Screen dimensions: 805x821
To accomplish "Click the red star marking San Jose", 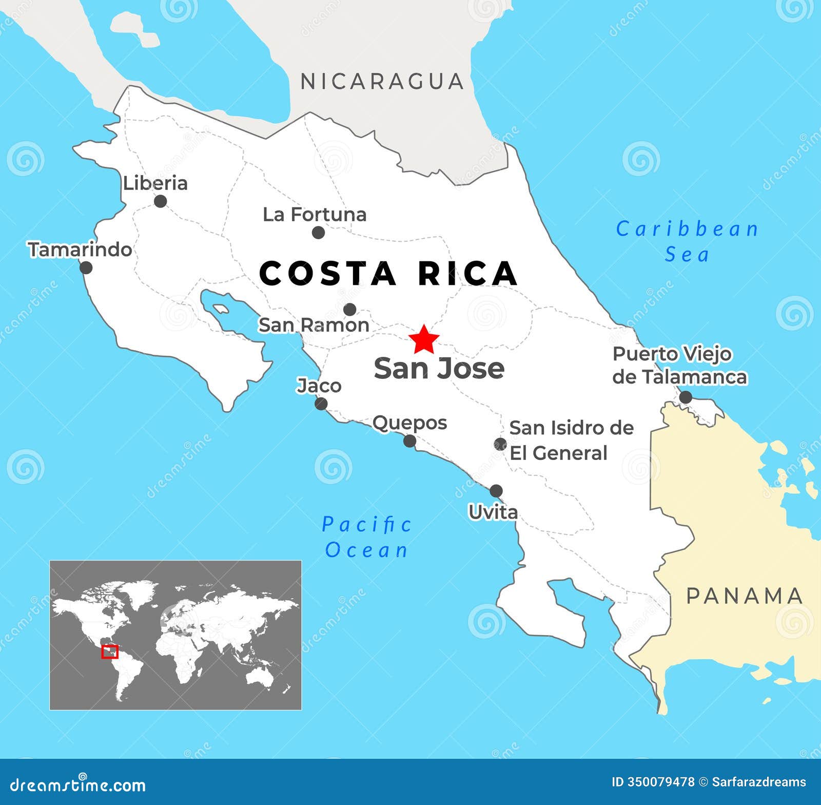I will pyautogui.click(x=424, y=339).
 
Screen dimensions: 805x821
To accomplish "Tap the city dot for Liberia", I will pyautogui.click(x=160, y=201).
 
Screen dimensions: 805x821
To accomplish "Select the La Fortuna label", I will pyautogui.click(x=314, y=215).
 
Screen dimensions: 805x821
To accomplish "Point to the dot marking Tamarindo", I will pyautogui.click(x=86, y=267).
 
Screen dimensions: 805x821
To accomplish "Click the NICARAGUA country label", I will pyautogui.click(x=382, y=82).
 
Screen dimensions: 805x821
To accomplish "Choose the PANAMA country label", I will pyautogui.click(x=744, y=596).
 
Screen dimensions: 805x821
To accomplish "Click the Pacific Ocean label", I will pyautogui.click(x=366, y=537).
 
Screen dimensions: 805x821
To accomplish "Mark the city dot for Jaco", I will pyautogui.click(x=321, y=404).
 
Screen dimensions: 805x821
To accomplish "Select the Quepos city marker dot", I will pyautogui.click(x=409, y=441).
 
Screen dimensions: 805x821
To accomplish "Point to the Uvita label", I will pyautogui.click(x=493, y=512).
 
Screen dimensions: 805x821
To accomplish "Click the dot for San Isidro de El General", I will pyautogui.click(x=500, y=444).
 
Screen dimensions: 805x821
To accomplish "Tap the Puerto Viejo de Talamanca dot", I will pyautogui.click(x=686, y=397).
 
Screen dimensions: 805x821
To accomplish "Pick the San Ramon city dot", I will pyautogui.click(x=349, y=310).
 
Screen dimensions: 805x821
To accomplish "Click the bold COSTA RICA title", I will pyautogui.click(x=388, y=273).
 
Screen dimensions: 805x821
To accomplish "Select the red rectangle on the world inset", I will pyautogui.click(x=110, y=652).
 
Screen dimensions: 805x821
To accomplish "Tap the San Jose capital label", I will pyautogui.click(x=439, y=368).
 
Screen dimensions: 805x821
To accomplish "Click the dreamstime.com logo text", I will pyautogui.click(x=78, y=784).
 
